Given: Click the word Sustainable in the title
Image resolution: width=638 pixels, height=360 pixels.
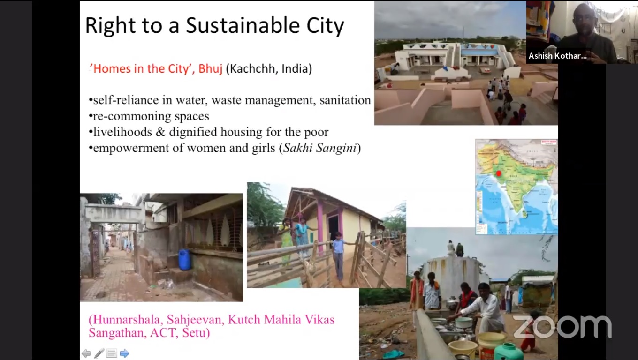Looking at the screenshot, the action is [243, 26].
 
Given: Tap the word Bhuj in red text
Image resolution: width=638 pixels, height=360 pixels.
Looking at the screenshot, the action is [210, 68].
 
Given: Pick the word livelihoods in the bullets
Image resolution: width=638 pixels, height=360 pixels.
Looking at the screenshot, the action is [122, 132].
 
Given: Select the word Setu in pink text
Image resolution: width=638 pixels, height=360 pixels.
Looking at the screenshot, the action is [196, 333].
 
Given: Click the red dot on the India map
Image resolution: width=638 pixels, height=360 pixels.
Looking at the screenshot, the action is [498, 173].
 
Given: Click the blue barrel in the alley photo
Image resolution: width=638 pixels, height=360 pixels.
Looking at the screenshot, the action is [184, 259].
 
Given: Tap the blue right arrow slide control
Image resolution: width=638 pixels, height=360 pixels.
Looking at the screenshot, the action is [124, 353].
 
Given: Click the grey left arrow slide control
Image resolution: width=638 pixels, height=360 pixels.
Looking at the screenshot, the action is [86, 353].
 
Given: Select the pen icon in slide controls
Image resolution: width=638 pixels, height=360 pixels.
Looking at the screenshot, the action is [99, 353].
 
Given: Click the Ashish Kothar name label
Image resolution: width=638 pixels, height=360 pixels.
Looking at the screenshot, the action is [557, 56].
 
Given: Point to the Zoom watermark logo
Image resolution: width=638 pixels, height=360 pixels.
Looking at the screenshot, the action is [562, 327].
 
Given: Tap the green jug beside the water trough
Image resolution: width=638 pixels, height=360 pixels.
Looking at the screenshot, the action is [509, 352].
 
